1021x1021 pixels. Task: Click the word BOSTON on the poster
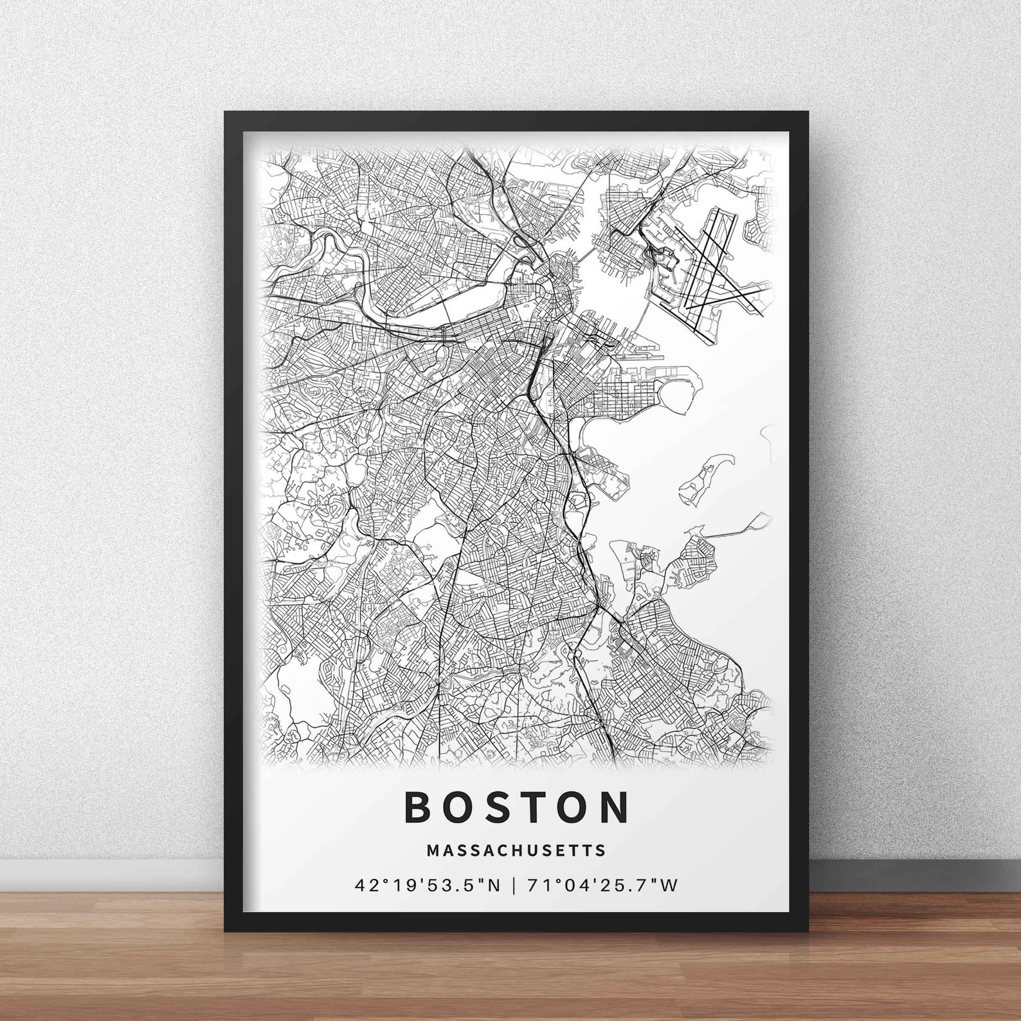(516, 808)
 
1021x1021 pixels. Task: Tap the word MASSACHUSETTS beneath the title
(516, 850)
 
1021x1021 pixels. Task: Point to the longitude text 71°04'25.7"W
(602, 886)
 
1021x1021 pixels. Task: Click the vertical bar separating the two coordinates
(513, 886)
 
